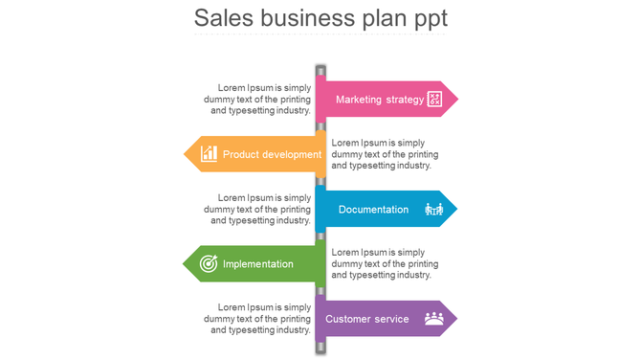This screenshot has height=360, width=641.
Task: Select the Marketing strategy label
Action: tap(380, 100)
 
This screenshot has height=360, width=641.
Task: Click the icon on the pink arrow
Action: tap(434, 99)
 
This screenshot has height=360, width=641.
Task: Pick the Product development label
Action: tap(272, 154)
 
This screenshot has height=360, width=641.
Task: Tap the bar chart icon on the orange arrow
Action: tap(209, 153)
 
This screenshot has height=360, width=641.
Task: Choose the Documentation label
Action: tap(373, 209)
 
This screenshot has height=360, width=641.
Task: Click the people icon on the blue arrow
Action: tap(433, 209)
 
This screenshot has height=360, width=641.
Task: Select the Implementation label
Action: tap(258, 263)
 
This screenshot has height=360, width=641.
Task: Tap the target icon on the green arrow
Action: tap(208, 263)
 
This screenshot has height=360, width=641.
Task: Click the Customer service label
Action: tap(367, 319)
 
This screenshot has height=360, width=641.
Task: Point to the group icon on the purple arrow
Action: tap(434, 319)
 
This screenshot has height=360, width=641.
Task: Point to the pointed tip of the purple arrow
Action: tap(455, 319)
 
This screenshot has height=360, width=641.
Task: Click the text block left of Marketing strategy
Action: tap(258, 99)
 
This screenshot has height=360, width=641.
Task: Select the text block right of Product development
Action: tap(384, 154)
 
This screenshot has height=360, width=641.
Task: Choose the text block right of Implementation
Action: tap(384, 263)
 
